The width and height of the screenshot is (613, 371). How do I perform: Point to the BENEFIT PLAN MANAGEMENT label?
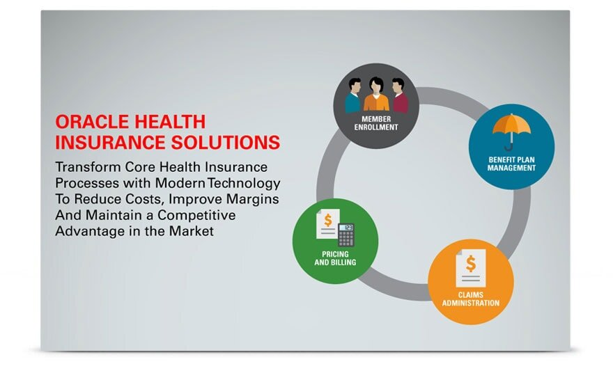(512, 164)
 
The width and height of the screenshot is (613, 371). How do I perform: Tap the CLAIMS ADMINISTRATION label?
(471, 299)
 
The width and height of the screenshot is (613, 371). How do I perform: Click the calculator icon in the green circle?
(346, 235)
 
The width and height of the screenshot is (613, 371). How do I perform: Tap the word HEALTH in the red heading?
(171, 122)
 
